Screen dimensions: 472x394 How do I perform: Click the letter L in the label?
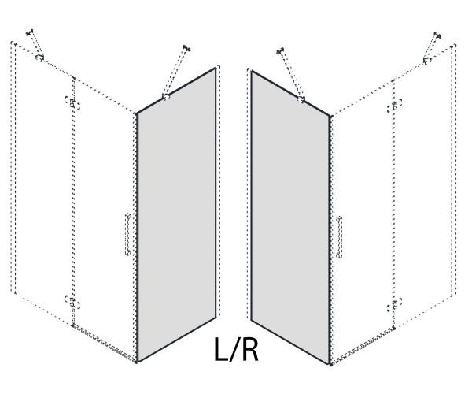(220, 349)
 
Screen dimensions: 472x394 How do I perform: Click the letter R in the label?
(249, 349)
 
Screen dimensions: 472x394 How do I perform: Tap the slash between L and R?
(234, 349)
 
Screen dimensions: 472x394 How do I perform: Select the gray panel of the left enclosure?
(177, 214)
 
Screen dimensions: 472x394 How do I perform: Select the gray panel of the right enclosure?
(291, 217)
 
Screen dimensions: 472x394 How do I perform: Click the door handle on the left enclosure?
(128, 235)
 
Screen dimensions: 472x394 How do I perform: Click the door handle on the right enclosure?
(339, 237)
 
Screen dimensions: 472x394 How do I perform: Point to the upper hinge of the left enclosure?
(72, 103)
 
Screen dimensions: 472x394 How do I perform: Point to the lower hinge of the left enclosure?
(72, 302)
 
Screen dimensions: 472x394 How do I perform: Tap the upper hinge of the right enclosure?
(394, 106)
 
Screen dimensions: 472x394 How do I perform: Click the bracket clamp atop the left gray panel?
(165, 96)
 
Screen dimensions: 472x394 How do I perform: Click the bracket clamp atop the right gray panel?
(301, 99)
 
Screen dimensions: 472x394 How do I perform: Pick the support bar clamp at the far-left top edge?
(39, 58)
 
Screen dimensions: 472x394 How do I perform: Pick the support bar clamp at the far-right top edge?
(427, 61)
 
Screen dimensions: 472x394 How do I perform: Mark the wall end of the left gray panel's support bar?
(187, 48)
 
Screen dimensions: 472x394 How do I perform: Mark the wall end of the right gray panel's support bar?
(280, 51)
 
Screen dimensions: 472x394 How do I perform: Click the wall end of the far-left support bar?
(29, 32)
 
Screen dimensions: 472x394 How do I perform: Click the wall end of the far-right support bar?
(437, 35)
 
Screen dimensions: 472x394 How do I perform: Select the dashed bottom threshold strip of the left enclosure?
(105, 343)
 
